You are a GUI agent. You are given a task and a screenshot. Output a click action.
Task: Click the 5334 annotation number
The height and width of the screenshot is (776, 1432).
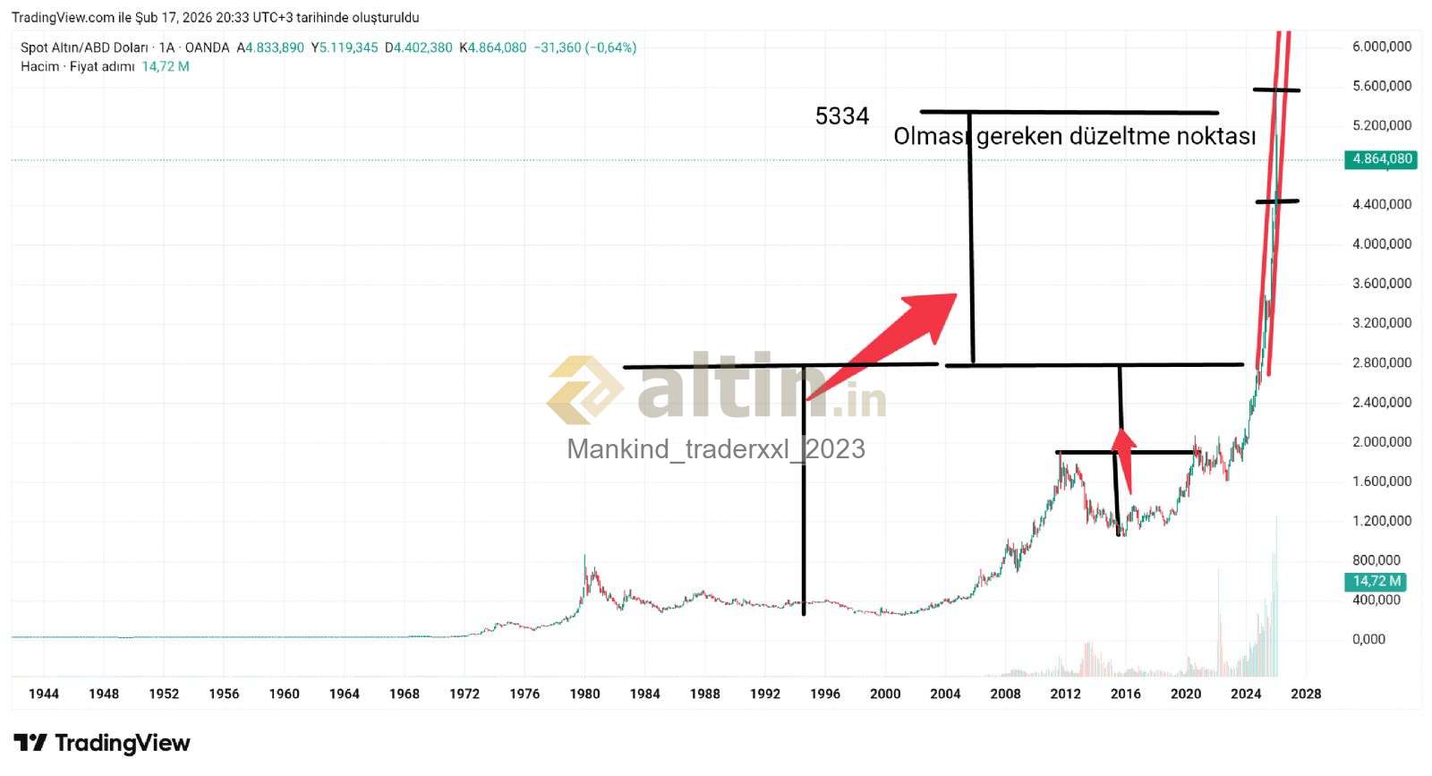tap(841, 116)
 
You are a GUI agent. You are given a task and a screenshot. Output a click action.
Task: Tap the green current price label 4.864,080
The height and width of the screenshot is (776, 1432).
tap(1382, 159)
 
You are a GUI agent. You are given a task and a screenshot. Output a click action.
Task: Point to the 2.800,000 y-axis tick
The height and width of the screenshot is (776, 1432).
tap(1382, 362)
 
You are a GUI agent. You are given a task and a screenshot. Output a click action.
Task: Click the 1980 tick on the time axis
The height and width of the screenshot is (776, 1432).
tap(584, 694)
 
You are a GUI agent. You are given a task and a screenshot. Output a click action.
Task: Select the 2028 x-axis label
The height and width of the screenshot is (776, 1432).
tap(1306, 694)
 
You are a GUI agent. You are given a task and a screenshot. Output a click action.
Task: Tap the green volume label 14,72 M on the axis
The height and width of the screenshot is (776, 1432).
tap(1376, 582)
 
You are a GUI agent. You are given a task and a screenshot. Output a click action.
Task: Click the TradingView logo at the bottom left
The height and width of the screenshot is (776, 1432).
tap(102, 743)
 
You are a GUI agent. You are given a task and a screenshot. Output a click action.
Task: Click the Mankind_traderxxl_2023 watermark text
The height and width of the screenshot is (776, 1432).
tap(716, 448)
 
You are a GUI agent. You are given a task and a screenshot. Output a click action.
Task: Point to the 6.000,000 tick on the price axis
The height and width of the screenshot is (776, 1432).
tap(1382, 47)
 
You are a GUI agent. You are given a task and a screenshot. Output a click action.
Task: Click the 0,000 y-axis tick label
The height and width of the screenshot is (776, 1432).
tap(1368, 639)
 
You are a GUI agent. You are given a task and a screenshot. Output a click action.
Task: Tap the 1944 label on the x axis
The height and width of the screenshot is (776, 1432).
tap(44, 694)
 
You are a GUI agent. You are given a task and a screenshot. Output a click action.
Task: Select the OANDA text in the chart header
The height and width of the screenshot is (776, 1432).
tap(207, 47)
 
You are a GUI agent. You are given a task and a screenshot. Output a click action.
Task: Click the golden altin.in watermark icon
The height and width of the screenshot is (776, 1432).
tap(584, 390)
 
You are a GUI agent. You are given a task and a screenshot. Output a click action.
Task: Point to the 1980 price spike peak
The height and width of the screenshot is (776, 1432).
tap(584, 557)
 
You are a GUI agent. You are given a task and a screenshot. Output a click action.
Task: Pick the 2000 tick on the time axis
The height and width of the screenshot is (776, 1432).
tap(885, 694)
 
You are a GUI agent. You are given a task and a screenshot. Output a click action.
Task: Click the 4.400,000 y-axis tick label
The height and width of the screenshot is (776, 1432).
tap(1382, 204)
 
